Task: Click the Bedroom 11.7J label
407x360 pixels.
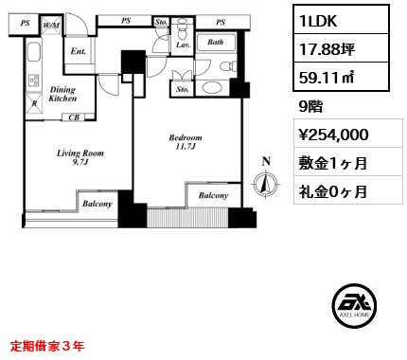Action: pyautogui.click(x=186, y=142)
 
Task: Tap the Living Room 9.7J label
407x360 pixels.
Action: pyautogui.click(x=80, y=157)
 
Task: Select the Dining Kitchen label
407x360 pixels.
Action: pyautogui.click(x=62, y=94)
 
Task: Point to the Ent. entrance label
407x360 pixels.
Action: pyautogui.click(x=79, y=51)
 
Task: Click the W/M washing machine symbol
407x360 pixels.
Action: pyautogui.click(x=51, y=25)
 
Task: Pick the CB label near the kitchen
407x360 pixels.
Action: pyautogui.click(x=74, y=117)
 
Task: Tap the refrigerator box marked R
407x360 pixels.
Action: pyautogui.click(x=34, y=103)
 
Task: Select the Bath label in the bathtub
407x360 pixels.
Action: pyautogui.click(x=216, y=42)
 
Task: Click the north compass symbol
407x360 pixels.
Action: pyautogui.click(x=266, y=184)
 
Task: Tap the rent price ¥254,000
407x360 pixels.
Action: pyautogui.click(x=333, y=135)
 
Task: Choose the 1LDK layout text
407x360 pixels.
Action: pyautogui.click(x=318, y=21)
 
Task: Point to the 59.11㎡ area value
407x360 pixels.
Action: pyautogui.click(x=327, y=77)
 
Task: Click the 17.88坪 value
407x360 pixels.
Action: pyautogui.click(x=327, y=49)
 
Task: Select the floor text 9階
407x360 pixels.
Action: pyautogui.click(x=310, y=106)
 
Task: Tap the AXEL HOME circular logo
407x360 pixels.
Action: pyautogui.click(x=354, y=305)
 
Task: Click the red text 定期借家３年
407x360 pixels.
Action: pyautogui.click(x=47, y=346)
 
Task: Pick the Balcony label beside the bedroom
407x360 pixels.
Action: pyautogui.click(x=213, y=195)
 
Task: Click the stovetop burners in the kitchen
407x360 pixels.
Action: pyautogui.click(x=34, y=81)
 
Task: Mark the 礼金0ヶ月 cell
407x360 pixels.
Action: pyautogui.click(x=333, y=191)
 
